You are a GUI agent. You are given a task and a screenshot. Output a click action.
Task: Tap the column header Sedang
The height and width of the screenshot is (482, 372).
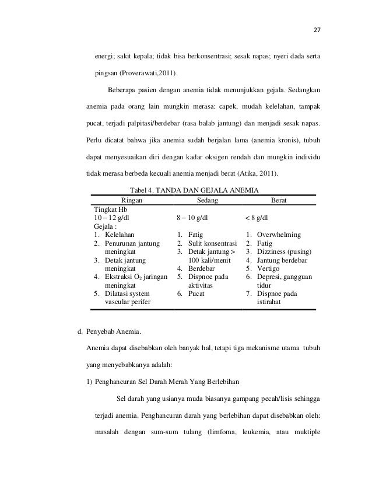click(x=207, y=200)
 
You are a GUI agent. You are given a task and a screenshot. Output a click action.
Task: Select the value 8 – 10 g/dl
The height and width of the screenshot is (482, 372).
click(x=196, y=218)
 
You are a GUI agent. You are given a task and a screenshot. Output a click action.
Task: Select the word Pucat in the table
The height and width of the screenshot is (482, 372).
click(x=197, y=294)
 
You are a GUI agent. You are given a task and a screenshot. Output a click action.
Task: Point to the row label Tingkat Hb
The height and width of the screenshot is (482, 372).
click(x=111, y=209)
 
